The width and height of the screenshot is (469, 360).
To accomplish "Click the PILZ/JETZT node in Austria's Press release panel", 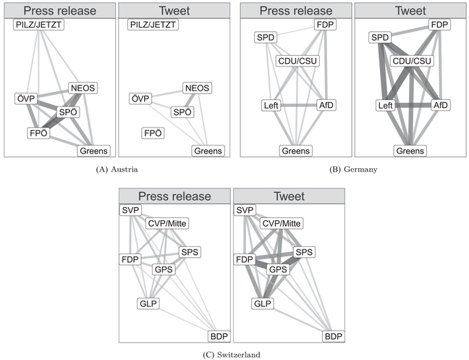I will pyautogui.click(x=39, y=25).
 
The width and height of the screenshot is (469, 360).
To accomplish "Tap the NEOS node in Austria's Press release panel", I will pyautogui.click(x=83, y=88).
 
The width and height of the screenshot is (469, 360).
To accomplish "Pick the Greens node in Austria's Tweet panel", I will pyautogui.click(x=208, y=150).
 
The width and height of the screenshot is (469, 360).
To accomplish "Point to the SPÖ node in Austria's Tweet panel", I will pyautogui.click(x=183, y=112).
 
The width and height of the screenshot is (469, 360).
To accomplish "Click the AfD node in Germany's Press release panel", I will pyautogui.click(x=326, y=106).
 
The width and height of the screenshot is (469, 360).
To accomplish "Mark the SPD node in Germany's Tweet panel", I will pyautogui.click(x=380, y=37).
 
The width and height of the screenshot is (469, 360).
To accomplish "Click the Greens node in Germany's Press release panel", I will pyautogui.click(x=296, y=151).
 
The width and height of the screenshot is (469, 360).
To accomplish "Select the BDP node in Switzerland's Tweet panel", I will pyautogui.click(x=333, y=337).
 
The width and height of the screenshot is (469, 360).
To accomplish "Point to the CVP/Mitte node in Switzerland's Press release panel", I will pyautogui.click(x=166, y=223).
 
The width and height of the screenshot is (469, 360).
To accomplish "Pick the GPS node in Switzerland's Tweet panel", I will pyautogui.click(x=278, y=269).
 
